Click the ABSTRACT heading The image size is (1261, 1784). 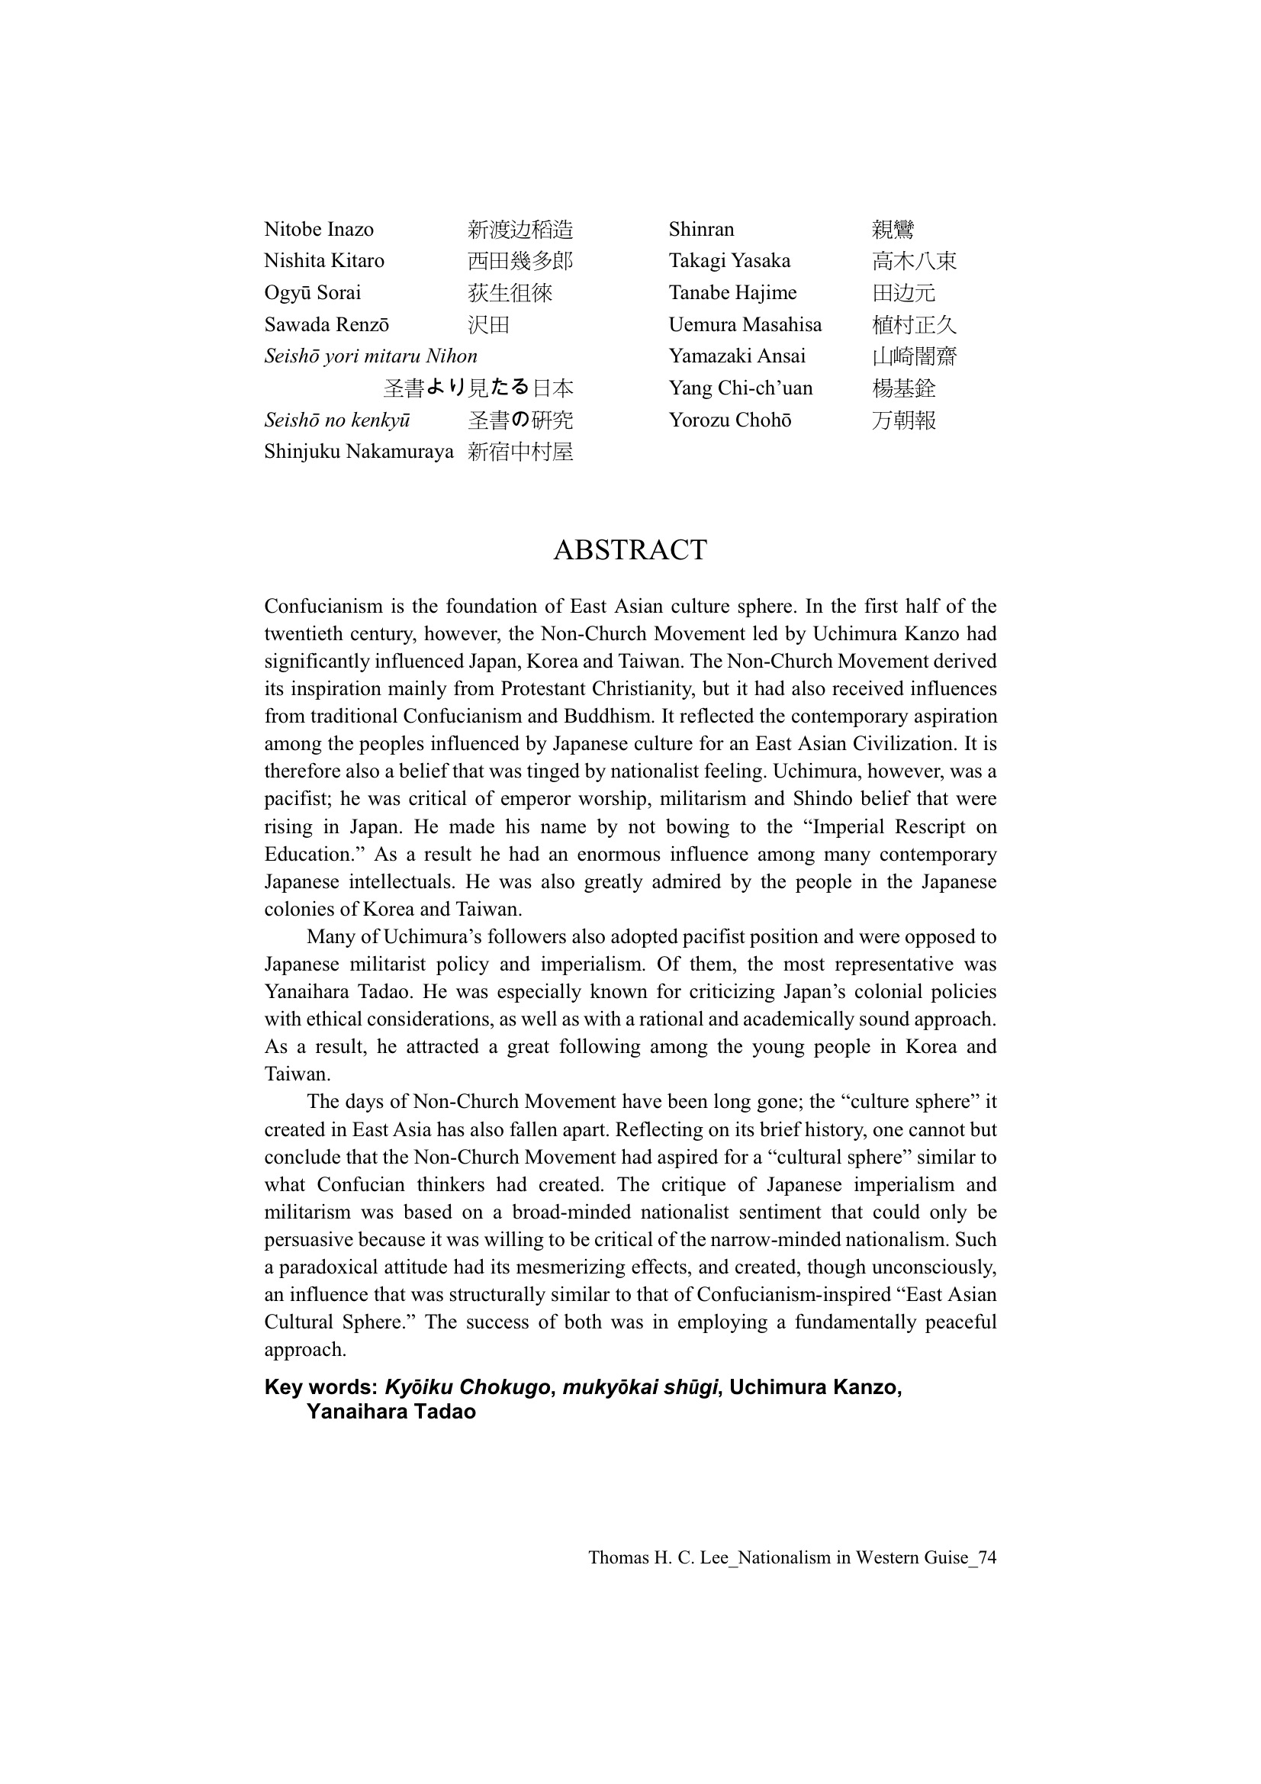629,550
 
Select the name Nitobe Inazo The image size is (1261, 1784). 319,229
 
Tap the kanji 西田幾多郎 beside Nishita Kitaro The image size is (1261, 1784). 520,261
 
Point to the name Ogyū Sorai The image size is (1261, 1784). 312,293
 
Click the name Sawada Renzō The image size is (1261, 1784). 327,325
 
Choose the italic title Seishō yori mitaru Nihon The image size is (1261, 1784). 371,356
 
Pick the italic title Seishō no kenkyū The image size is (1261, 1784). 337,420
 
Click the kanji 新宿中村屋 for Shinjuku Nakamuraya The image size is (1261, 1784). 520,452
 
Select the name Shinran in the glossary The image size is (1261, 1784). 701,229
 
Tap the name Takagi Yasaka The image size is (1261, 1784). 729,261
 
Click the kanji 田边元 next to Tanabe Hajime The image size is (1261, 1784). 902,293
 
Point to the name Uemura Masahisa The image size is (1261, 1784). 745,325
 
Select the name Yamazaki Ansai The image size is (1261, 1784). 737,356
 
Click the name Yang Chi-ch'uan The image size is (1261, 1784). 740,388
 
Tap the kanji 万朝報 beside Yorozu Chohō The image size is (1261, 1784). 902,420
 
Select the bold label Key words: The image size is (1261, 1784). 321,1387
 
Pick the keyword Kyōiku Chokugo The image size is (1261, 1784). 467,1387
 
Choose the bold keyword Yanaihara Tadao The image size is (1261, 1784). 391,1411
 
